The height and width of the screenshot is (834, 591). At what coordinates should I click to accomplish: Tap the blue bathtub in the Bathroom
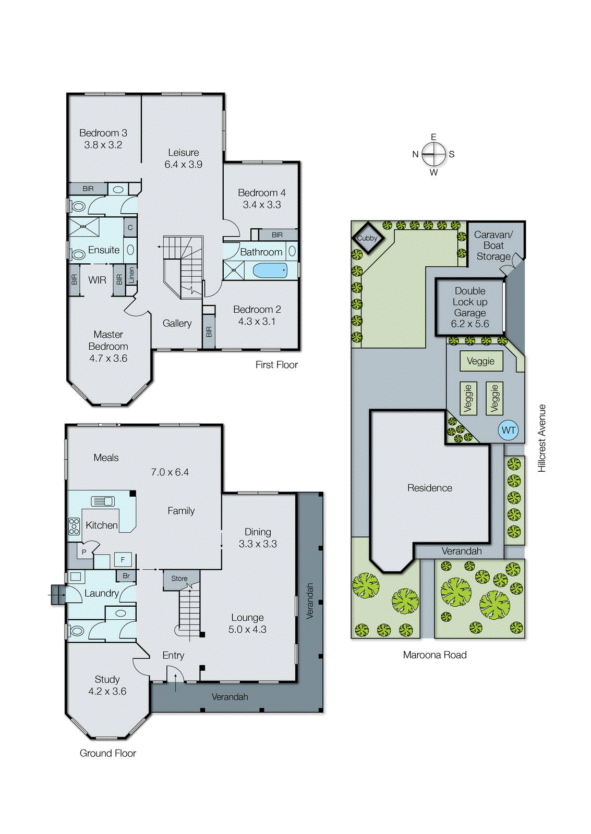[270, 271]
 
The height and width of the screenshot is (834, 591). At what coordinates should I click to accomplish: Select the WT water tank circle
[508, 431]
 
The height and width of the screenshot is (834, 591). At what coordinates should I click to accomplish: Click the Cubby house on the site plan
[367, 238]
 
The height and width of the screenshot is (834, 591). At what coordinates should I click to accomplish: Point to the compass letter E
[433, 137]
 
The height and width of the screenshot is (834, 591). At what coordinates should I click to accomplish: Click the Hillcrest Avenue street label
[542, 438]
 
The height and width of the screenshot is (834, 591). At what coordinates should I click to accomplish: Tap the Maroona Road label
[435, 655]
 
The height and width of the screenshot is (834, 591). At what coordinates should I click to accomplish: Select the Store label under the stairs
[179, 579]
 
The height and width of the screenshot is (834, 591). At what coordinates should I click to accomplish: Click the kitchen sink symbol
[103, 501]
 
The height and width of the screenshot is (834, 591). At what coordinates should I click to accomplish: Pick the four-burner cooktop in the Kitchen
[74, 526]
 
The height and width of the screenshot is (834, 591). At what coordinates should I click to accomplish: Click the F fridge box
[123, 560]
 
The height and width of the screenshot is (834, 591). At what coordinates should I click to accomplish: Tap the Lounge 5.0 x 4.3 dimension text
[247, 630]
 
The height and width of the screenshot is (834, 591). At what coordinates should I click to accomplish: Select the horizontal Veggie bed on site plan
[481, 361]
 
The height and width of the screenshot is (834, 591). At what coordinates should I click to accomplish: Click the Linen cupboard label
[131, 275]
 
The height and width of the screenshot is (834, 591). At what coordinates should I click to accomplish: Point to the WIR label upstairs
[97, 280]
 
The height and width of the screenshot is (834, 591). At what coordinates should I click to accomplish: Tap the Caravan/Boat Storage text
[493, 246]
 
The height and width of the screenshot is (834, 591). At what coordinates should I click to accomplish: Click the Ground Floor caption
[107, 753]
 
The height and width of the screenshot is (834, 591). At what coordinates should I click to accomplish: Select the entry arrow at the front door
[175, 680]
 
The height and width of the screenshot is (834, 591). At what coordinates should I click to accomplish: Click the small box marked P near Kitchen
[83, 552]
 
